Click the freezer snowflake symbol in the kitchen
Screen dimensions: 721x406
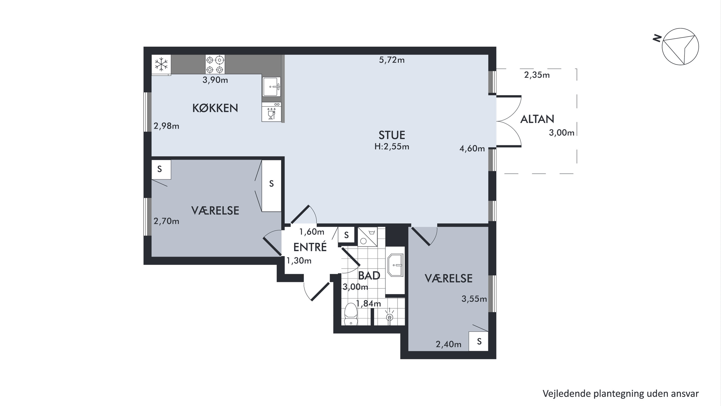click(161, 64)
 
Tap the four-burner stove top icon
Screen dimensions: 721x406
click(215, 64)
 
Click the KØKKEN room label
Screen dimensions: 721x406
click(215, 108)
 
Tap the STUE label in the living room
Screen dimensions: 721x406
click(392, 135)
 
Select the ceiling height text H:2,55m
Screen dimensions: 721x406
click(392, 147)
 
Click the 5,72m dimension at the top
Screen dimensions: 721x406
click(392, 60)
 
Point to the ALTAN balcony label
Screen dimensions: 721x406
click(537, 119)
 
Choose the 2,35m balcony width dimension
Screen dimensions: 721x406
click(537, 75)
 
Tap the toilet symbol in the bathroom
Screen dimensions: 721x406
click(351, 314)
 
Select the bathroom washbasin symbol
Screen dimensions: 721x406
click(396, 265)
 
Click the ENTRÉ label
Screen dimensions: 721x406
click(310, 247)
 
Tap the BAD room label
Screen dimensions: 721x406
click(369, 276)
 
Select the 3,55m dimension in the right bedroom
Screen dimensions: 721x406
click(474, 299)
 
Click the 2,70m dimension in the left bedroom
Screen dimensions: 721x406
click(166, 221)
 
